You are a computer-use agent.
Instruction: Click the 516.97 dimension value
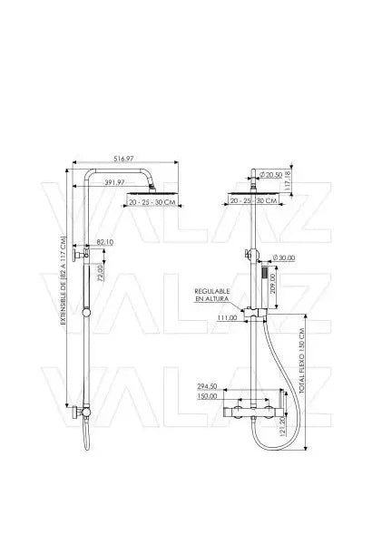coord(124,158)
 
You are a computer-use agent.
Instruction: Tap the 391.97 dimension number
coord(138,182)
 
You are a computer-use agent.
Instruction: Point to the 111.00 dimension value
coord(227,318)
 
